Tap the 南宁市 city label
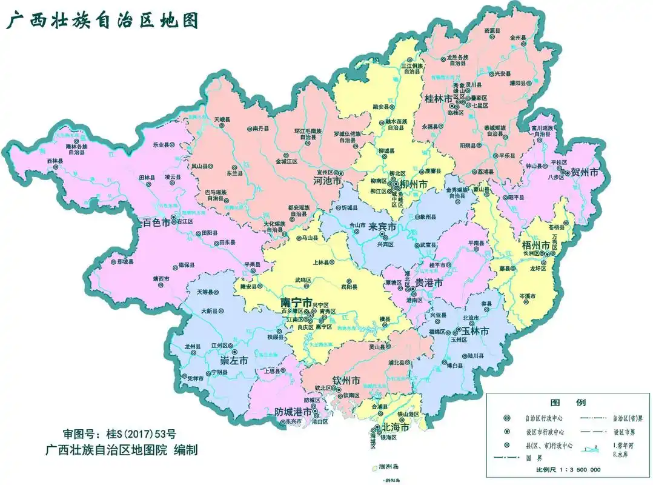(x=296, y=302)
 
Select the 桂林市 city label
(x=439, y=98)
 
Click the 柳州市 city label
(x=414, y=184)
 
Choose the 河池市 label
(x=325, y=181)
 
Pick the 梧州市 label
(x=536, y=246)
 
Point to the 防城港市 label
(x=295, y=411)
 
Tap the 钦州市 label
(x=346, y=380)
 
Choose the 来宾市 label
(x=383, y=226)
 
